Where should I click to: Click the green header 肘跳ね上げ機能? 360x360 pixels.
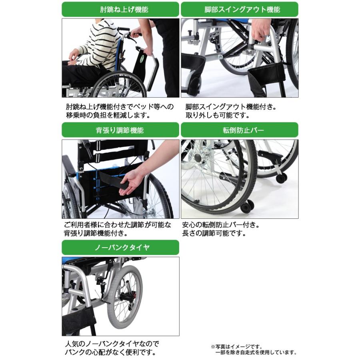click(x=120, y=9)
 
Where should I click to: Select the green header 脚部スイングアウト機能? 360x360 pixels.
click(x=240, y=9)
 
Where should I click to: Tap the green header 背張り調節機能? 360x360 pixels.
click(x=120, y=130)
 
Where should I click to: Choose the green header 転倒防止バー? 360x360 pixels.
click(x=240, y=130)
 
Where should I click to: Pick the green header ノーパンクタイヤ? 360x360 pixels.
click(x=120, y=247)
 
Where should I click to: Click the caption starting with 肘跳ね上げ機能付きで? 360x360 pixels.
click(x=120, y=107)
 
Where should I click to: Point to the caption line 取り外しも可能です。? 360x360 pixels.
click(x=218, y=116)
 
